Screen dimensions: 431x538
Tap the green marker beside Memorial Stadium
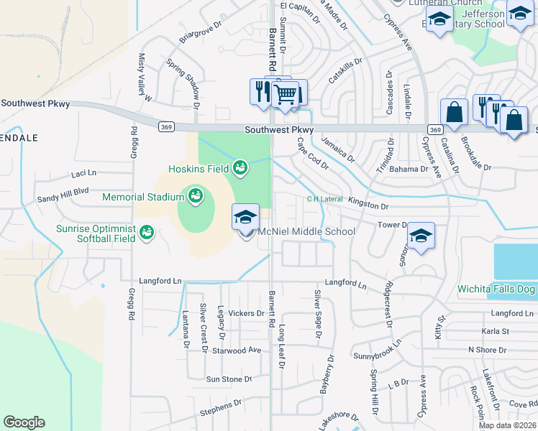(x=194, y=195)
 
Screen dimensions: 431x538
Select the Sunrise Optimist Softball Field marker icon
(x=147, y=232)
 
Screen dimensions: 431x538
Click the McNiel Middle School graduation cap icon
(x=245, y=216)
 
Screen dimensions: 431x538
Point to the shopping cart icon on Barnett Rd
(x=286, y=93)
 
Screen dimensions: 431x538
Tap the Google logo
(x=24, y=422)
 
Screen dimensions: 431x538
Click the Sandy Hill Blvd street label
(x=63, y=191)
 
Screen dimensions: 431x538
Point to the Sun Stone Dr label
(x=229, y=379)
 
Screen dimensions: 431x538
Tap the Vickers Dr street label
(x=247, y=313)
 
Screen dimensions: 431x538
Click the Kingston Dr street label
(x=368, y=206)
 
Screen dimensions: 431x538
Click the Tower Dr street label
(x=393, y=225)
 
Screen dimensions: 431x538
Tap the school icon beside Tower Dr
(x=421, y=236)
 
